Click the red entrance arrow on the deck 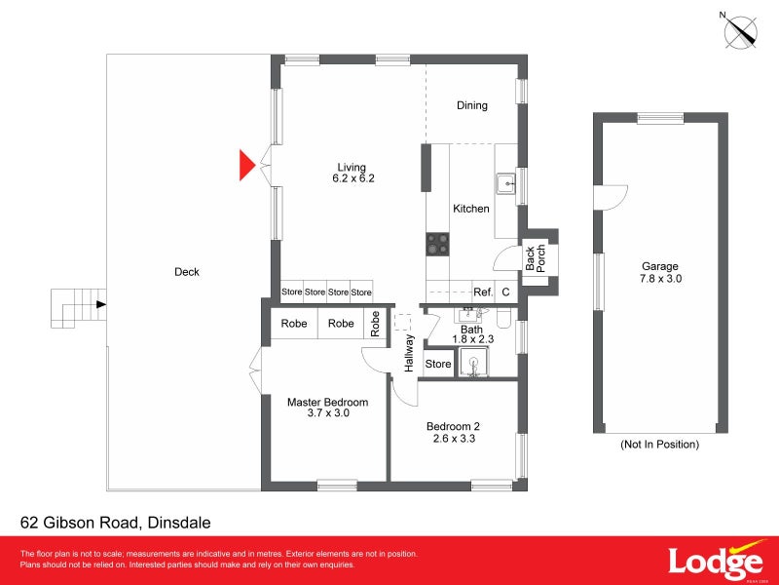click(x=247, y=165)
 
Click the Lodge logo click(x=714, y=563)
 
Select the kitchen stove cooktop click(x=437, y=243)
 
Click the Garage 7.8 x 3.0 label click(x=659, y=273)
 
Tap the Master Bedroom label click(x=327, y=408)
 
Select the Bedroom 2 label click(x=453, y=432)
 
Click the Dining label click(x=472, y=105)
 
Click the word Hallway click(x=410, y=354)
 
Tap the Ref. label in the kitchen click(x=483, y=292)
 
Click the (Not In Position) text click(x=659, y=445)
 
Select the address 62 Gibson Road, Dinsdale click(x=115, y=523)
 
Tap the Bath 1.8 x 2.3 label click(x=472, y=334)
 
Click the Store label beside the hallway click(x=438, y=364)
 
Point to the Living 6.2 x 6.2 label click(x=352, y=172)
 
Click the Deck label click(x=186, y=272)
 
